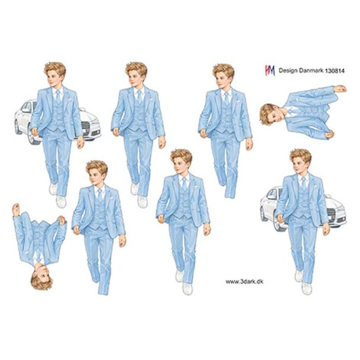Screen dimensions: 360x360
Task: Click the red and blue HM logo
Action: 269,70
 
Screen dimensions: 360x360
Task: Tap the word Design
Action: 289,70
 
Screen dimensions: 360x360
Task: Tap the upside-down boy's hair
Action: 42,281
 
